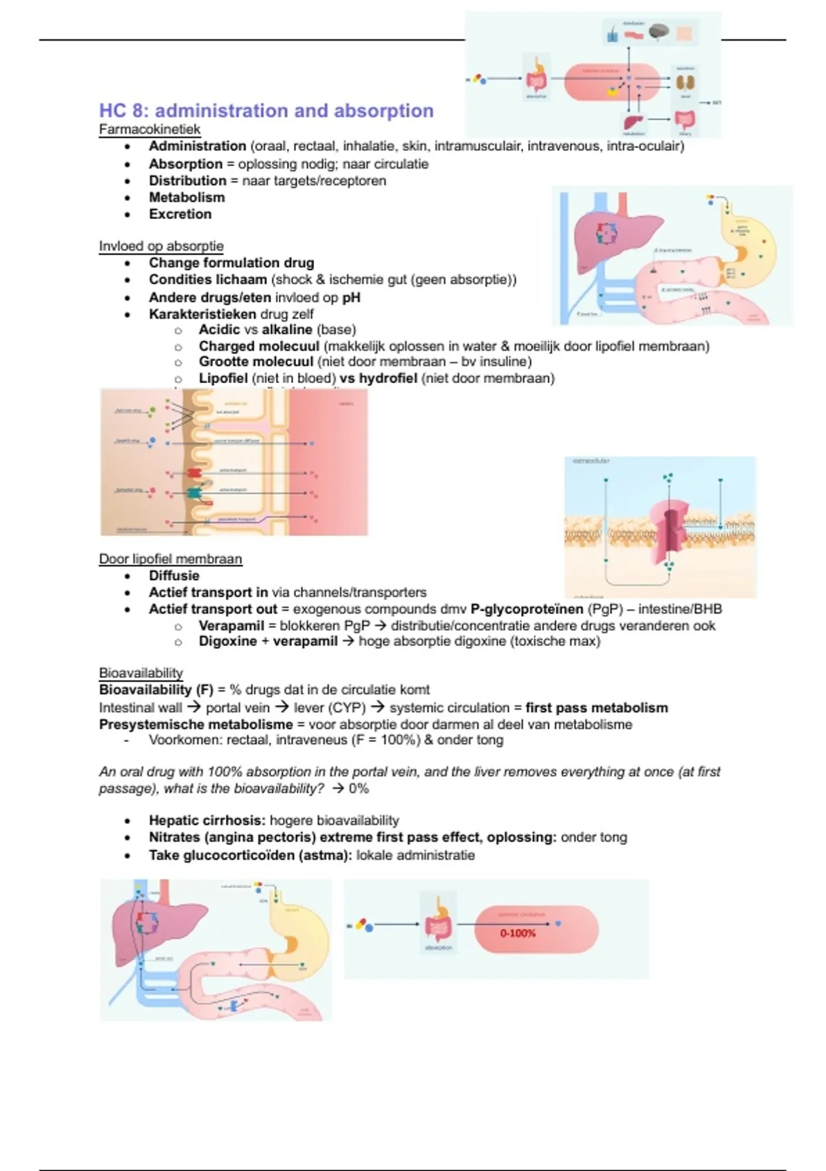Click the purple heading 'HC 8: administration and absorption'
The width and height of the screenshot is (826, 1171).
(266, 111)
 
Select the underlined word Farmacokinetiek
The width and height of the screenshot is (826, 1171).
(149, 129)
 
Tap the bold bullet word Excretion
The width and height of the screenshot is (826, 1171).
(180, 214)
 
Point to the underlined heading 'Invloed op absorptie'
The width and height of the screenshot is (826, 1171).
(161, 246)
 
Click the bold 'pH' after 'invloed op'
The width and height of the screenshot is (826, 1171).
(351, 298)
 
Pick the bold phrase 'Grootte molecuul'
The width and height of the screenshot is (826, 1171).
(256, 362)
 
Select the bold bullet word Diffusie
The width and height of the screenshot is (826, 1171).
(174, 576)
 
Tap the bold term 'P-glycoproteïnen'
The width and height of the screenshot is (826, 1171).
(527, 609)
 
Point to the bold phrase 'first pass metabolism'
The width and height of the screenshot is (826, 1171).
(596, 707)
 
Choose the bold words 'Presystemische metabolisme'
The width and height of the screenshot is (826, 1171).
(196, 724)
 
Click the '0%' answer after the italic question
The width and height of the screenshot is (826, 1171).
(359, 789)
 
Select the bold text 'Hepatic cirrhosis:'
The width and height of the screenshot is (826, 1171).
(207, 820)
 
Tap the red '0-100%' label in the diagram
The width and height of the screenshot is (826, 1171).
(518, 933)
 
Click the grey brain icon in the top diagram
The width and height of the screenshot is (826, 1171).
(659, 32)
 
